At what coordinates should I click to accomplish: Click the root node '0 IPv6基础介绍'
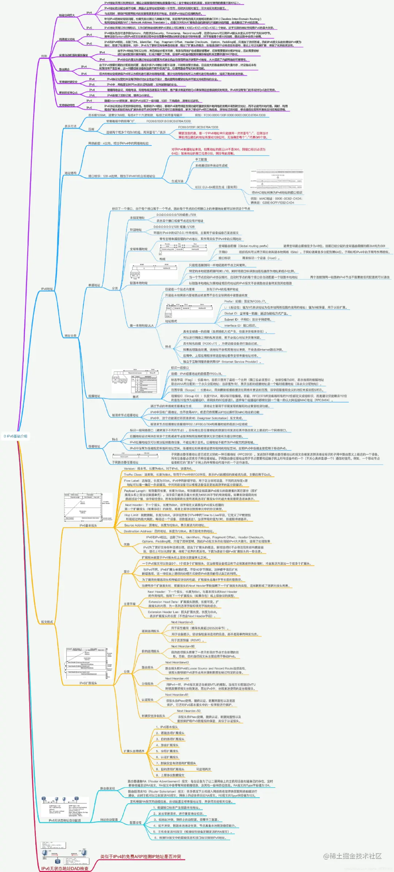click(15, 436)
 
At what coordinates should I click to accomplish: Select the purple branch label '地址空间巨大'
click(67, 15)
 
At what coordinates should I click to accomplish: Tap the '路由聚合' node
click(64, 69)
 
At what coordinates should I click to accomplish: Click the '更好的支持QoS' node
click(68, 93)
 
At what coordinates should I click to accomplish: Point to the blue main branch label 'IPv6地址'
click(47, 289)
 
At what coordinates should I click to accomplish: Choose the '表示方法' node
click(70, 126)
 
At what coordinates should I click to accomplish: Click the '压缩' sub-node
click(91, 129)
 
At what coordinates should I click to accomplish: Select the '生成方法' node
click(177, 181)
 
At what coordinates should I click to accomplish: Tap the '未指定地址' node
click(137, 218)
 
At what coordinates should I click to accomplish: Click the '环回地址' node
click(136, 230)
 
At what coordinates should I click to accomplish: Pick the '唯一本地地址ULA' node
click(142, 325)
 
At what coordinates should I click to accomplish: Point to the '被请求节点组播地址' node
click(125, 415)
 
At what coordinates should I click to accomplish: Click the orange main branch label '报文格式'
click(47, 622)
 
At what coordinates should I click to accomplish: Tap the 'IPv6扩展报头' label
click(88, 683)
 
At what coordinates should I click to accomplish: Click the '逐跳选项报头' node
click(150, 631)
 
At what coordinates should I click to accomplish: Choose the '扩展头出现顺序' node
click(134, 751)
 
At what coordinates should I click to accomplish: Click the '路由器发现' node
click(108, 788)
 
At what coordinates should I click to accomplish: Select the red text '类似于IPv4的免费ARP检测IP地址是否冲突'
click(140, 856)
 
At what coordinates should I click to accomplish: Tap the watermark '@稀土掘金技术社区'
click(352, 856)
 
